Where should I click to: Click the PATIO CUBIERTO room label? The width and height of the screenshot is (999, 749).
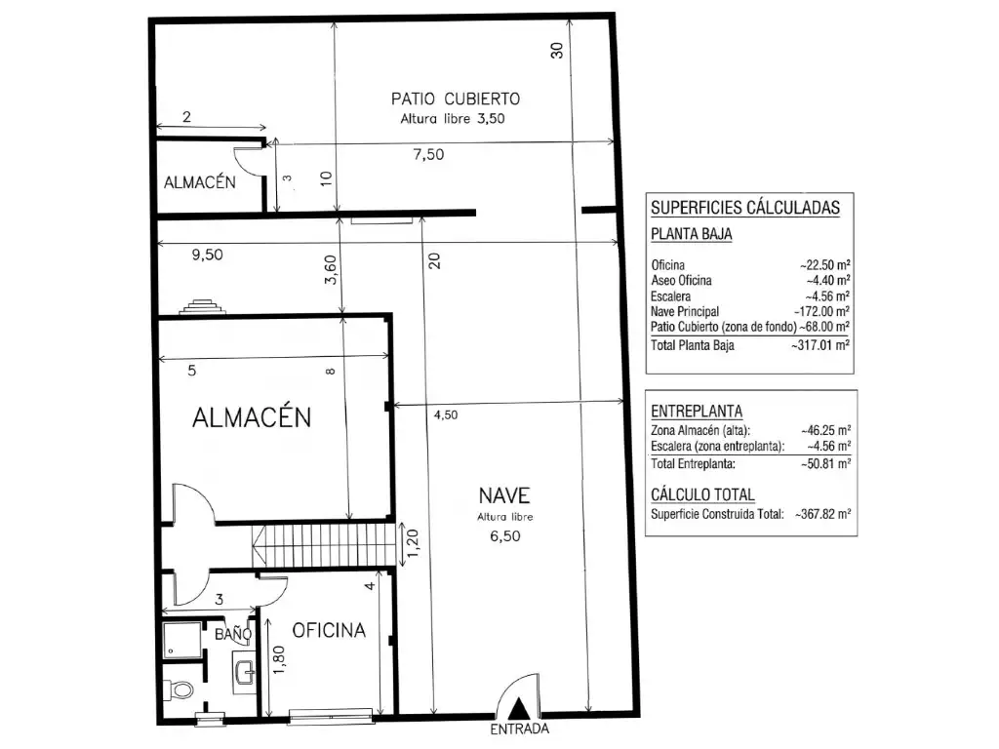[456, 99]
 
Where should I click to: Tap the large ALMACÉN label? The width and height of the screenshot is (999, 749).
[252, 417]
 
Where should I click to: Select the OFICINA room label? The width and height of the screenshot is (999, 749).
[329, 630]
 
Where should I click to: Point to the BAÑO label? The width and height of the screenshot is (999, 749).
[233, 634]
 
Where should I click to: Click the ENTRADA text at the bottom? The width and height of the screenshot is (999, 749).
[519, 729]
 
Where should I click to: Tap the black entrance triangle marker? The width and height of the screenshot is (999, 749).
[520, 708]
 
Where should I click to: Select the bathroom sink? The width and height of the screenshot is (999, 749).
[245, 669]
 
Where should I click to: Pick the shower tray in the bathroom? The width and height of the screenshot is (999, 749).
[181, 640]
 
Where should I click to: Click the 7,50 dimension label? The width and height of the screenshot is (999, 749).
[428, 154]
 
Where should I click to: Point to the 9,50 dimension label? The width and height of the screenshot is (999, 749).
[207, 255]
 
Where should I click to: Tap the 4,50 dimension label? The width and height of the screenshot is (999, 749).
[446, 414]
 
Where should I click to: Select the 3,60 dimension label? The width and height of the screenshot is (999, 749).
[330, 269]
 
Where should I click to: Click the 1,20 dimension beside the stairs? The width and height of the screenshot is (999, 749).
[413, 543]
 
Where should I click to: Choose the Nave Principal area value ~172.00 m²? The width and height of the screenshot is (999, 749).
[821, 311]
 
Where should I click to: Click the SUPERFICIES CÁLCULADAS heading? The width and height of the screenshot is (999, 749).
[745, 208]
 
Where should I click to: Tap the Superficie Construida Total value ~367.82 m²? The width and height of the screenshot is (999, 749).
[823, 514]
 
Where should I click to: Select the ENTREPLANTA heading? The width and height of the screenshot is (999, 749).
[697, 411]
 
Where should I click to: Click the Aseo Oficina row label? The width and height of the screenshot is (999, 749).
[681, 280]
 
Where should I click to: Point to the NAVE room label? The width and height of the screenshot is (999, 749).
[504, 494]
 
